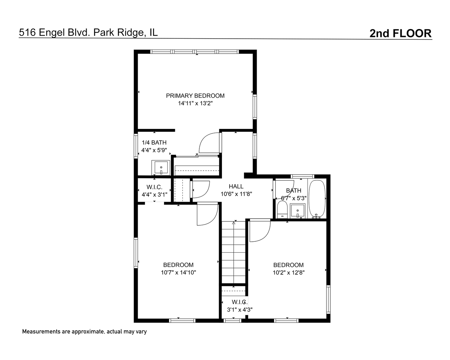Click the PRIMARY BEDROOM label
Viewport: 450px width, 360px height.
click(195, 96)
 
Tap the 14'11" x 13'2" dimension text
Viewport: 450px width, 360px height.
click(195, 103)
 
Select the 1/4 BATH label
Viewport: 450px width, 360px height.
click(154, 143)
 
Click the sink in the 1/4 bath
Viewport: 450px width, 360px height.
click(161, 167)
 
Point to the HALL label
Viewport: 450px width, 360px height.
click(236, 186)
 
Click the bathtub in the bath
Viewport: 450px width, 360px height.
click(317, 199)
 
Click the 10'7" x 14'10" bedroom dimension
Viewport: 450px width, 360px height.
click(178, 273)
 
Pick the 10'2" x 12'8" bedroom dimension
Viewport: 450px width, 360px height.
click(289, 273)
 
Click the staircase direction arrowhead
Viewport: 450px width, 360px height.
click(234, 223)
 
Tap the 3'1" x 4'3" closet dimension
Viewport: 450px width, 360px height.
click(240, 310)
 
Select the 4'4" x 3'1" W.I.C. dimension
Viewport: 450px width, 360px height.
click(155, 195)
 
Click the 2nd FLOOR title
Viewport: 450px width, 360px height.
click(400, 33)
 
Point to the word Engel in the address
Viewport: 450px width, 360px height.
click(51, 33)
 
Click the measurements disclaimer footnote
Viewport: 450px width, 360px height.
click(84, 332)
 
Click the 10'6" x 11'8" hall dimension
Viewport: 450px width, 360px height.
click(236, 194)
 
